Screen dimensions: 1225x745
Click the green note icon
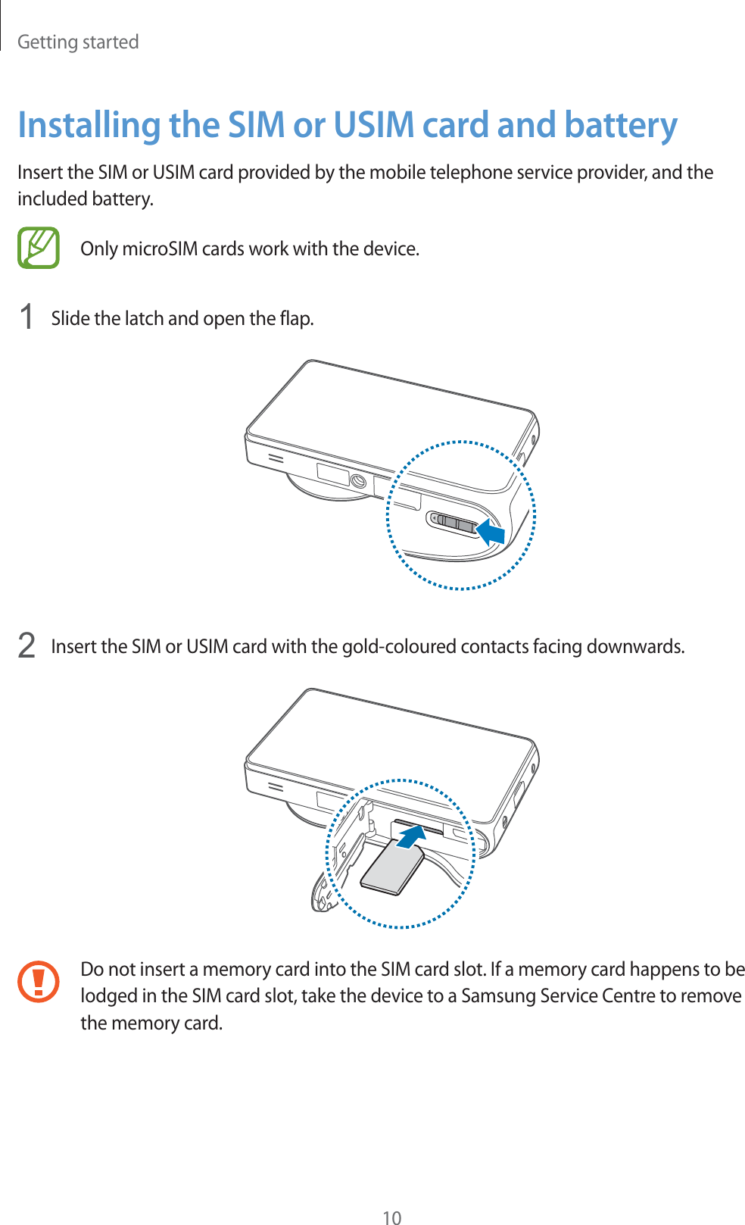coord(39,248)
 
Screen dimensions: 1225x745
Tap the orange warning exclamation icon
coord(39,981)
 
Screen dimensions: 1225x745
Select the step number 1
coord(26,317)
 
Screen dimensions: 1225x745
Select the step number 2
coord(26,645)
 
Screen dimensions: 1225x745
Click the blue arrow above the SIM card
coord(411,837)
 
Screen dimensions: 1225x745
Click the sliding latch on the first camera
coord(453,523)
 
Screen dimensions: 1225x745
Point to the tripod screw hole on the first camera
coord(358,481)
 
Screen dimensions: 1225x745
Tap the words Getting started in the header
coord(78,42)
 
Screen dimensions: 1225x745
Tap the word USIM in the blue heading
coord(374,125)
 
